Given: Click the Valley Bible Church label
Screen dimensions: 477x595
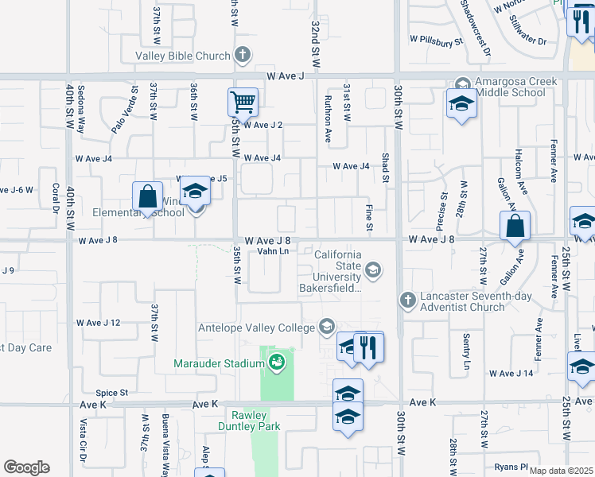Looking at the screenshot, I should point(182,56).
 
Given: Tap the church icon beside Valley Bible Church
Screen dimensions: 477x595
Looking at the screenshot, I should point(243,56).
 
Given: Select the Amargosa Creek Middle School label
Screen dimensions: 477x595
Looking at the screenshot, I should point(521,87).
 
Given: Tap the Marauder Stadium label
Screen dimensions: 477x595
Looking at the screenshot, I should point(219,364).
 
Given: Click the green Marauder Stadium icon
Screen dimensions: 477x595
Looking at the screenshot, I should point(277,363).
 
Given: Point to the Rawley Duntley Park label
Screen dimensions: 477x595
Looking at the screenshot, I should point(255,421).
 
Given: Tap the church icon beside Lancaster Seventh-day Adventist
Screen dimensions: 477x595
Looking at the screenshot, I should point(407,300).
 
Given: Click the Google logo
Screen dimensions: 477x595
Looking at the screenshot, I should point(26,467).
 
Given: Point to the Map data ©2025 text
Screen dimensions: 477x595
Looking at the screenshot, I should point(560,471).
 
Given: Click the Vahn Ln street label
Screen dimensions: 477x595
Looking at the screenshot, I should point(272,251).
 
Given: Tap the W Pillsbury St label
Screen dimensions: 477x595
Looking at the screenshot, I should point(437,39).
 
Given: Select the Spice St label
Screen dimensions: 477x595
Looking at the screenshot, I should point(112,393).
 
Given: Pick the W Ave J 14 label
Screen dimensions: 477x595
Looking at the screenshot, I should point(516,373).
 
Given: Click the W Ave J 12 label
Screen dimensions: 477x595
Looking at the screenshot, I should point(98,323).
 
